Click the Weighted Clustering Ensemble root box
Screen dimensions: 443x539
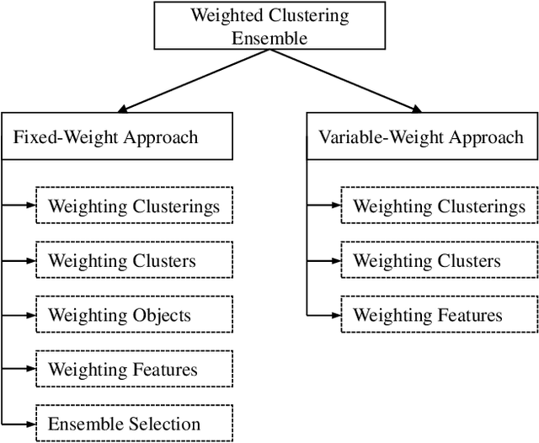269,26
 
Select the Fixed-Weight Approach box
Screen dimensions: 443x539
117,137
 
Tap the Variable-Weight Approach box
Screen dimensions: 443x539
422,137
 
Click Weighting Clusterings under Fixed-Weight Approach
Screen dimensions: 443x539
134,206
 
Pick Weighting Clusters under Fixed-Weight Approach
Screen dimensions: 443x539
134,261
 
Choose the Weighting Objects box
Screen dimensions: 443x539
134,315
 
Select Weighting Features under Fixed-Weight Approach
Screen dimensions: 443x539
134,369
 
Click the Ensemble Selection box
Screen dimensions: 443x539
134,424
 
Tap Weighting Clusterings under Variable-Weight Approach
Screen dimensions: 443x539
439,206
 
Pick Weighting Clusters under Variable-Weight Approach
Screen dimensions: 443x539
439,261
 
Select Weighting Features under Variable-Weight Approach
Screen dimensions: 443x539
439,315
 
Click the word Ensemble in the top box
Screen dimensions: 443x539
269,37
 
